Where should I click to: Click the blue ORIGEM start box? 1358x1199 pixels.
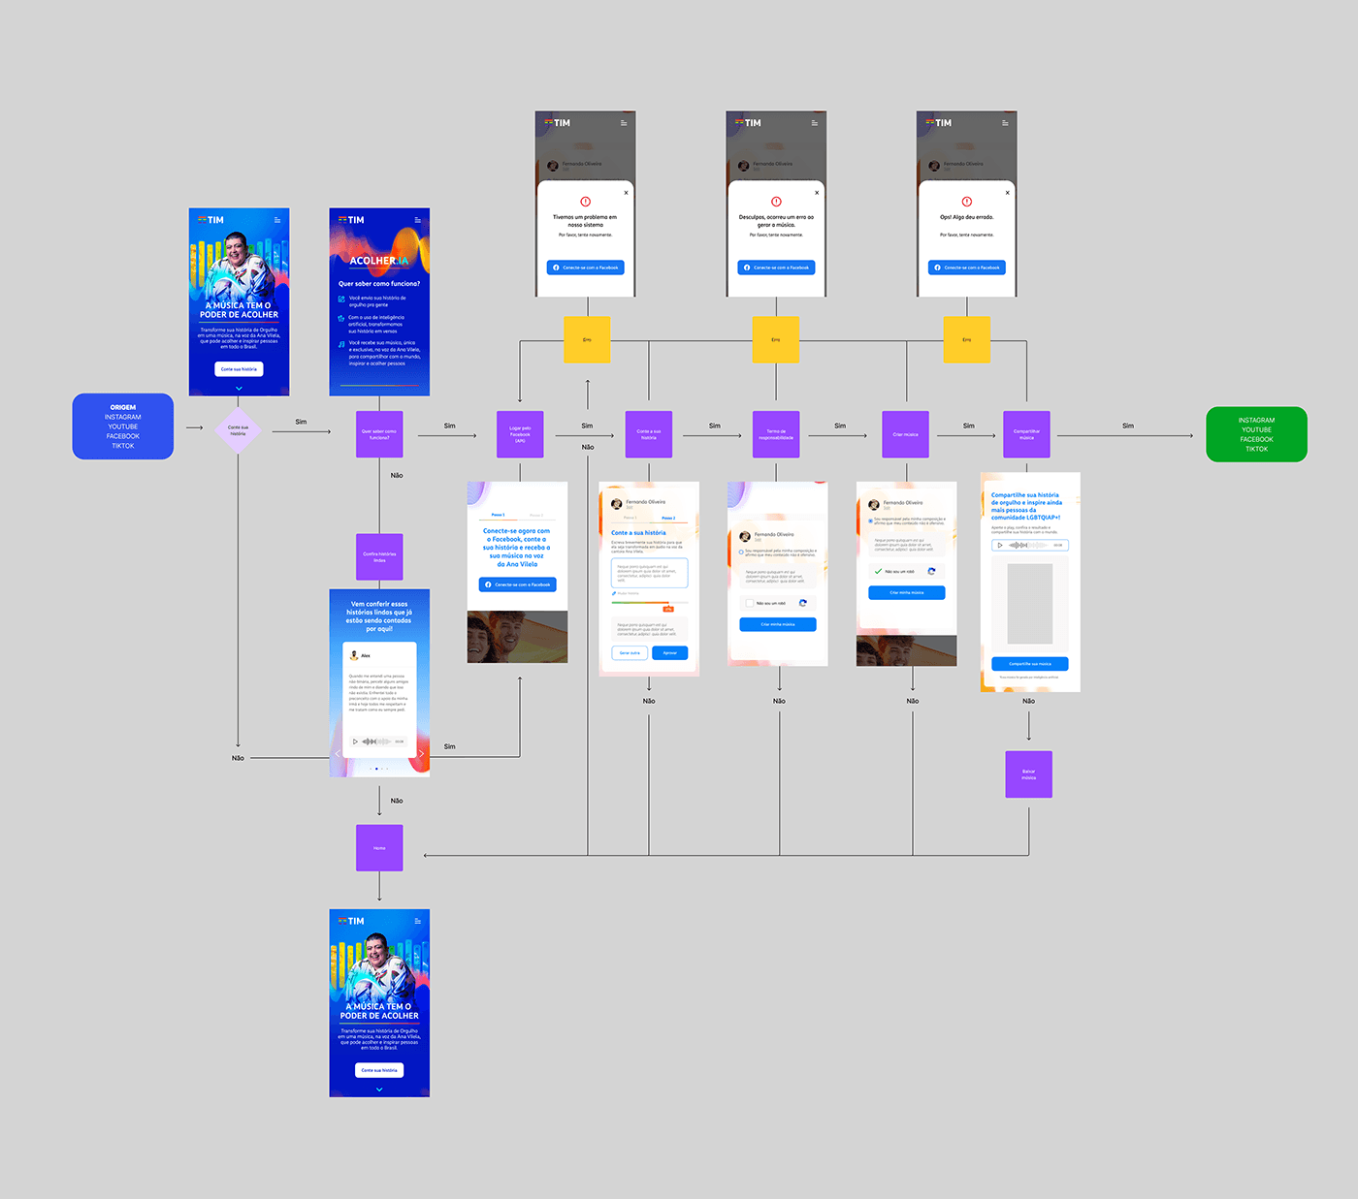(123, 426)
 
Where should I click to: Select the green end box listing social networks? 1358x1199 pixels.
(1256, 434)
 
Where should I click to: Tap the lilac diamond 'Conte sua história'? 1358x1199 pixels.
(238, 430)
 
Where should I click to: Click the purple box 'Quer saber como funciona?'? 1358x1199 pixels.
(379, 434)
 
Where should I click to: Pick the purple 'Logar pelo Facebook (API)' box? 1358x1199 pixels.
(520, 434)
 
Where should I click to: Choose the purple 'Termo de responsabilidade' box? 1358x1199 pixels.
(776, 434)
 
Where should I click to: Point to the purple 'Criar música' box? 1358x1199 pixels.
(905, 434)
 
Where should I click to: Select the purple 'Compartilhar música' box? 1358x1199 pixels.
(1026, 434)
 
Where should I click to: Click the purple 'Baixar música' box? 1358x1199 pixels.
(1028, 774)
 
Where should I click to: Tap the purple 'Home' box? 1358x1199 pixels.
(379, 848)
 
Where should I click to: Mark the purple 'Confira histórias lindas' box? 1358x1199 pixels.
(379, 557)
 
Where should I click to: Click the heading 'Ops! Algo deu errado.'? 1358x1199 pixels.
(966, 217)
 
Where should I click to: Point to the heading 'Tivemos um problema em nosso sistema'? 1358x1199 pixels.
(585, 221)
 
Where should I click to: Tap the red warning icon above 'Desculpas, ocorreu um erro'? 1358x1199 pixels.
(776, 202)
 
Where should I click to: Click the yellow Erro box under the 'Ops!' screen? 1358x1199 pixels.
(967, 340)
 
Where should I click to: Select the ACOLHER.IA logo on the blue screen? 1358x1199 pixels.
(379, 261)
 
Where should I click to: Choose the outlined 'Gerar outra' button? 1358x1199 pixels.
(630, 653)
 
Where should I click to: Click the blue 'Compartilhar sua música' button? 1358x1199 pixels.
(1029, 664)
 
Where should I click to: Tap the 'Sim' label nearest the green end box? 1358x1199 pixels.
(1128, 426)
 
